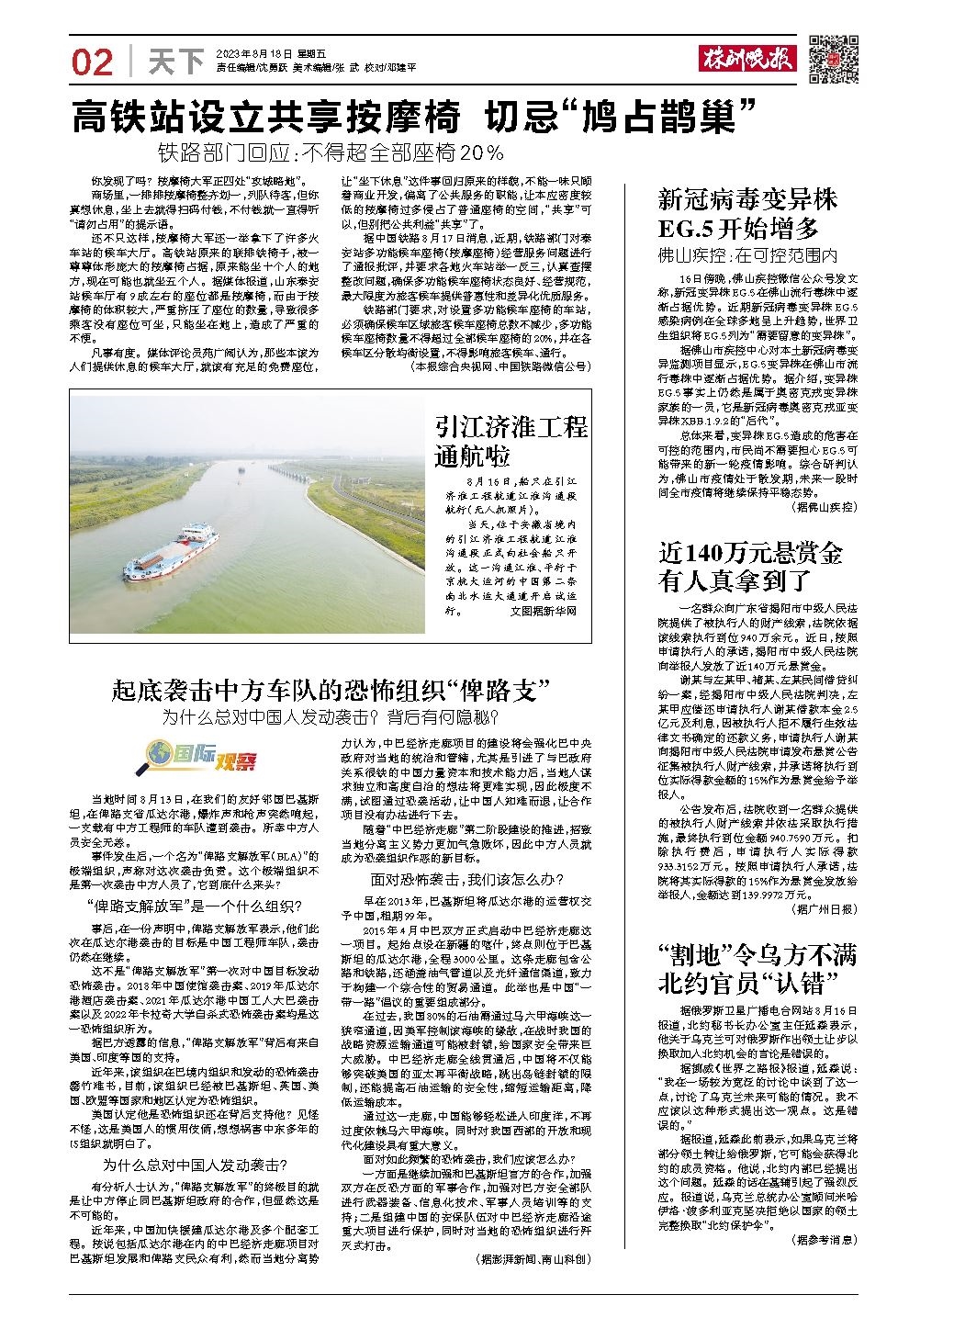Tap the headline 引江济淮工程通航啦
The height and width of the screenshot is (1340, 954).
511,441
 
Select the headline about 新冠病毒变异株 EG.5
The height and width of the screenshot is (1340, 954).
748,213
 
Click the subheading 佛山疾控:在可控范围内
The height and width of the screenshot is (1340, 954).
748,254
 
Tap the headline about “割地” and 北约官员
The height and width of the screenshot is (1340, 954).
758,969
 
